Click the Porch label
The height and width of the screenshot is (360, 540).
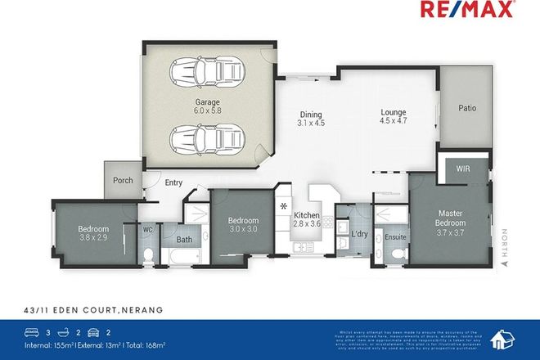point(123,181)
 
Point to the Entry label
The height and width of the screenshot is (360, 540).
point(173,183)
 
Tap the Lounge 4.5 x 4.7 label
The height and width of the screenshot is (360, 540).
point(394,119)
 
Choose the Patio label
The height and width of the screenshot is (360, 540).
point(466,107)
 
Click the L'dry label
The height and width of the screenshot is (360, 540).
point(359,234)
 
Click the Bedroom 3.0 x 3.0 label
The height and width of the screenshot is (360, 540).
point(243,225)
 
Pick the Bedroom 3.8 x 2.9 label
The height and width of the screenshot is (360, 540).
point(94,232)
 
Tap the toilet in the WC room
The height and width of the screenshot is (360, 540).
point(148,254)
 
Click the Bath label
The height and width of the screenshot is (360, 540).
point(185,241)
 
